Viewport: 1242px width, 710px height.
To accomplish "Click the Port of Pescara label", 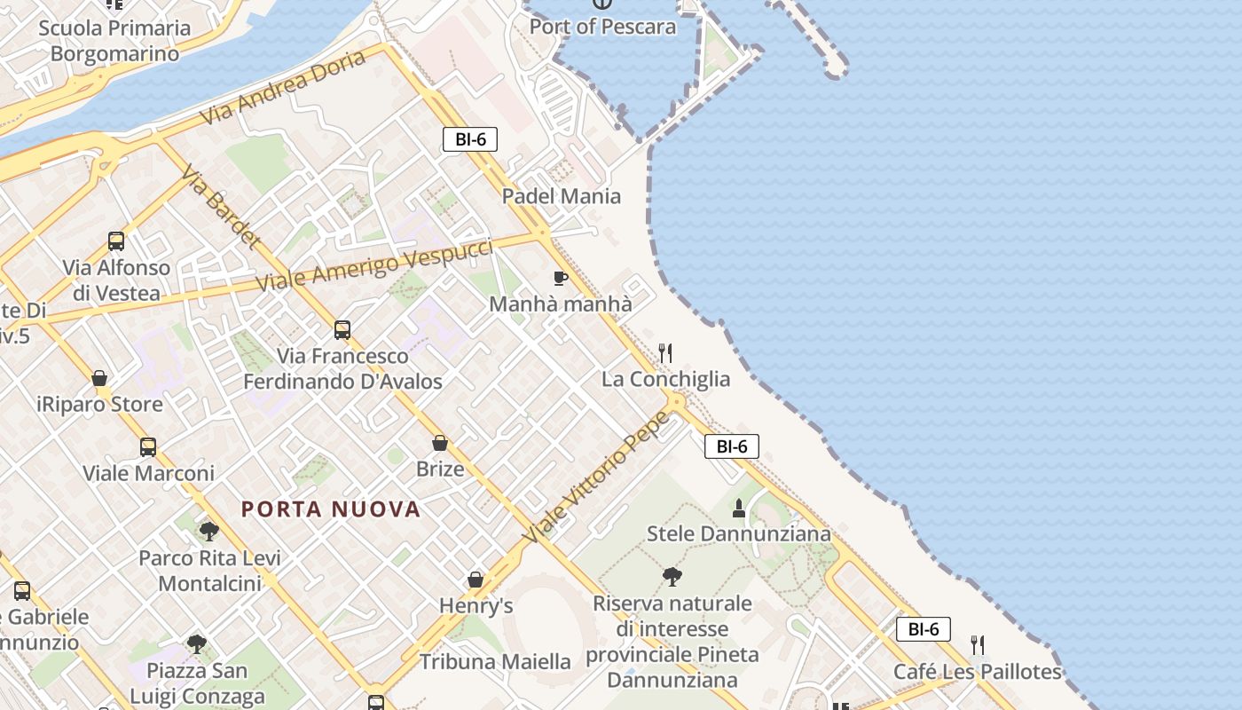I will (x=602, y=27).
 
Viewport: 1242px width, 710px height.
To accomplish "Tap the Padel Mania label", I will (x=562, y=196).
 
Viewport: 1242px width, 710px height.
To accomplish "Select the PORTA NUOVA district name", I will (x=331, y=509).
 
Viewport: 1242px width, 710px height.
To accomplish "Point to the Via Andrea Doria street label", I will (x=282, y=87).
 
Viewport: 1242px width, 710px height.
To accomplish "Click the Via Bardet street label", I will (x=222, y=206).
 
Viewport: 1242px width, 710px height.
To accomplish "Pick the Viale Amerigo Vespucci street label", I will (x=373, y=264).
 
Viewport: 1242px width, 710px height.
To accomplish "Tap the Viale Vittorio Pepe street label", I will (x=596, y=477).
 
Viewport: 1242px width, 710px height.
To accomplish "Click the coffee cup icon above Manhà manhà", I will (x=560, y=279).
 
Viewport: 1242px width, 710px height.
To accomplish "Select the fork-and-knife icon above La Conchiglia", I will (x=665, y=353).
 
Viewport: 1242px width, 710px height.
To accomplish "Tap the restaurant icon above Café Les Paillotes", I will (x=977, y=645).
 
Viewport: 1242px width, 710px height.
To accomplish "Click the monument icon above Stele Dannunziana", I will (x=738, y=509).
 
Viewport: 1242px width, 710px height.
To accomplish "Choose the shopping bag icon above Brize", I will (x=440, y=443).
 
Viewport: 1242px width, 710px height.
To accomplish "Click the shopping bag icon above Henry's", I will (x=476, y=580).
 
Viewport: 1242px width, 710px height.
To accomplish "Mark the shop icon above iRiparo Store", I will (x=99, y=379).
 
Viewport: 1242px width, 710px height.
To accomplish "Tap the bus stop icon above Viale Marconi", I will (x=148, y=447).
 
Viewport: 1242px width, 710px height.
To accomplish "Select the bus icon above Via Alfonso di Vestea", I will (x=116, y=241).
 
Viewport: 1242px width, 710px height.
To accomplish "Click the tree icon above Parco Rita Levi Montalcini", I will (x=209, y=532).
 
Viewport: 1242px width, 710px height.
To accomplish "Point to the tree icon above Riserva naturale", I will (x=672, y=577).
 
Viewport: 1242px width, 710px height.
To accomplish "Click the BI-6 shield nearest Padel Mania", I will (x=470, y=139).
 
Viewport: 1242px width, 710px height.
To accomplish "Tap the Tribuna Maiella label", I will (x=495, y=662).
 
